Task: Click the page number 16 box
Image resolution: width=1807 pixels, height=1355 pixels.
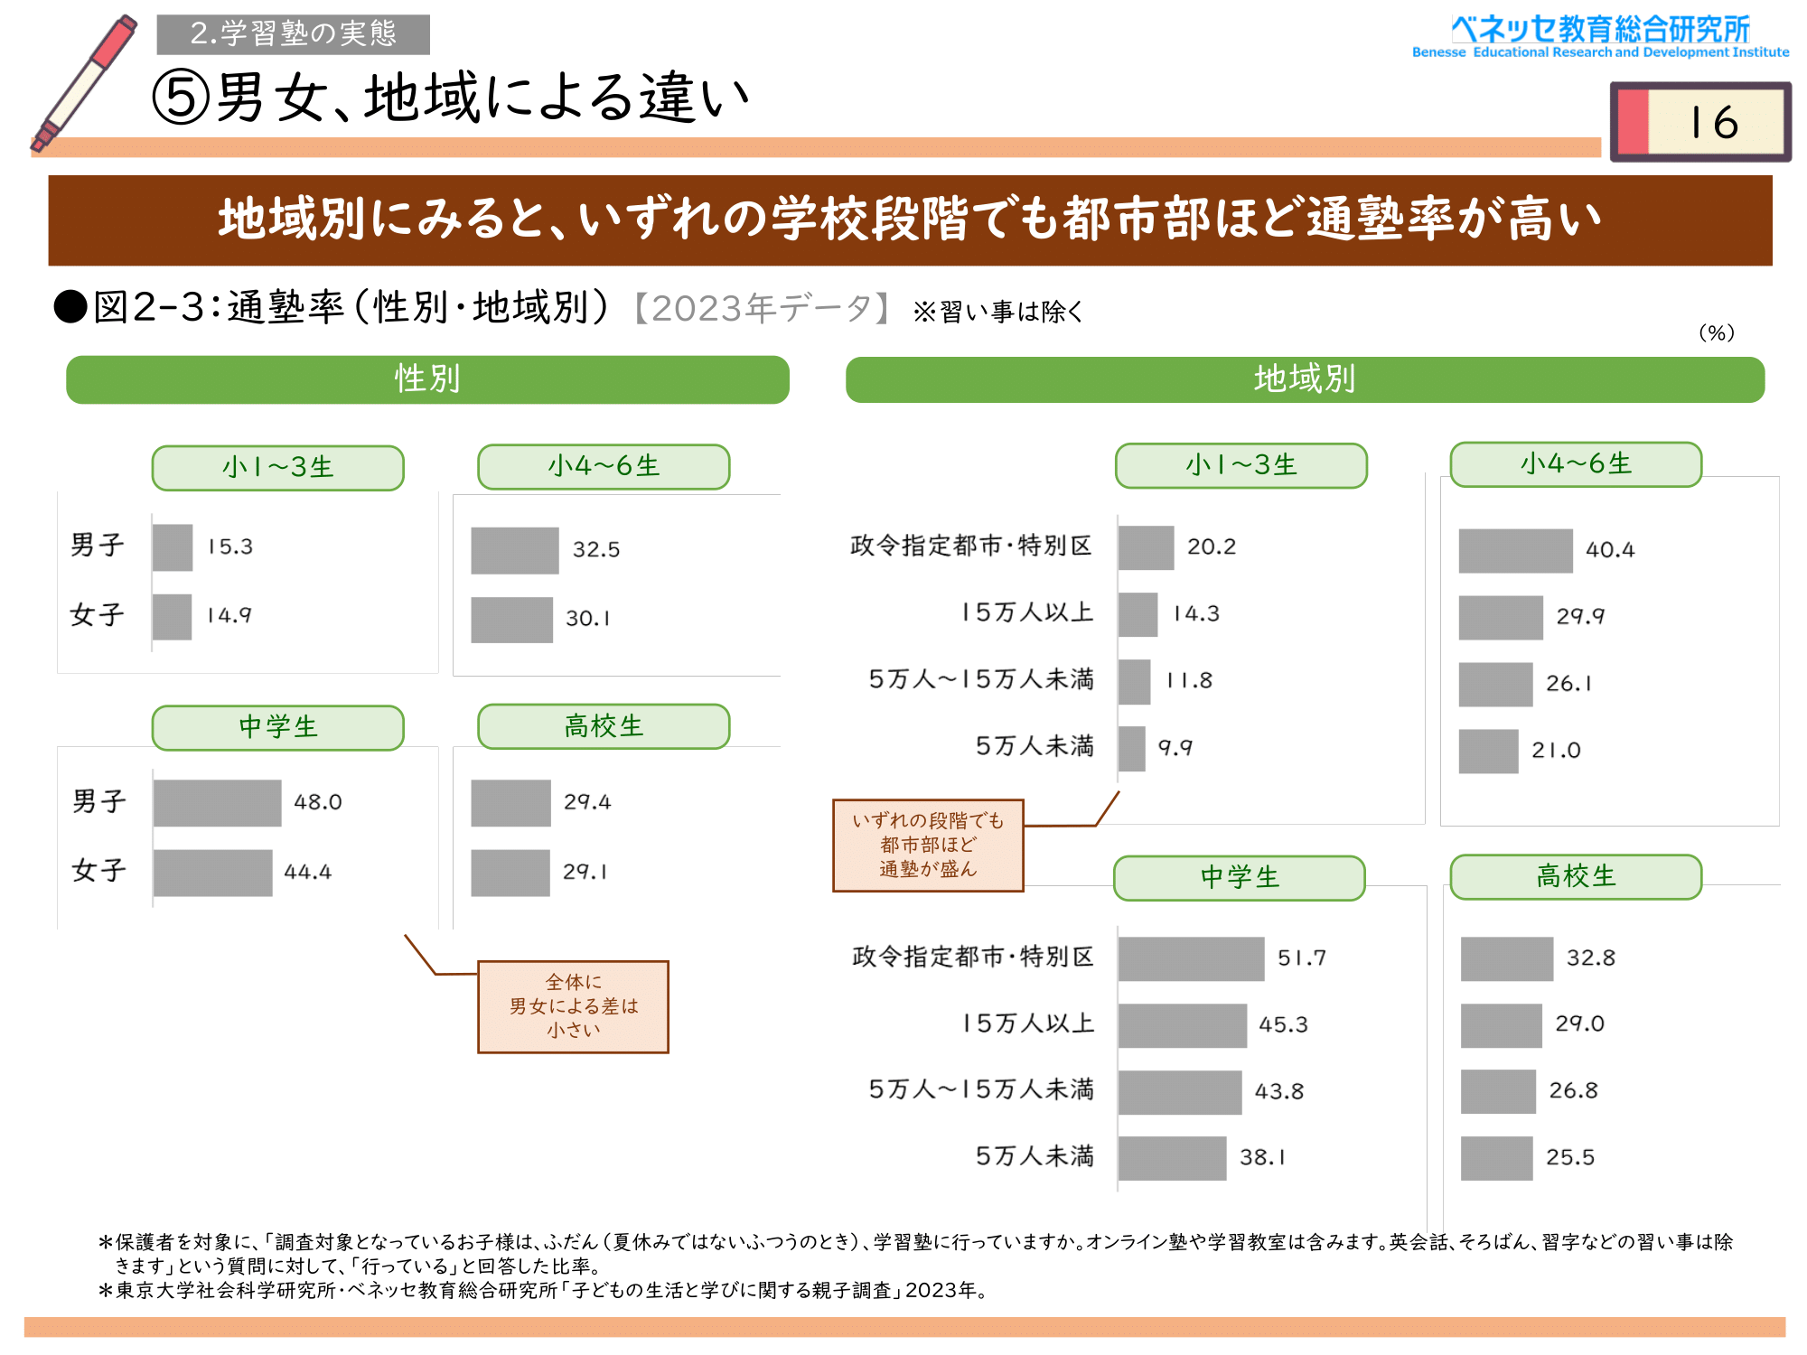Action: click(1700, 122)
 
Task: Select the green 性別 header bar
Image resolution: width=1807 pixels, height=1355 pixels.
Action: click(427, 379)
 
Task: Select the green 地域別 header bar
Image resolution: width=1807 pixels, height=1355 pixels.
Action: click(1305, 379)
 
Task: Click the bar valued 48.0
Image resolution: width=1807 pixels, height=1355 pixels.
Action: click(217, 803)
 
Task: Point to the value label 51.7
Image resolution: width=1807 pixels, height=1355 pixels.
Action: click(1301, 958)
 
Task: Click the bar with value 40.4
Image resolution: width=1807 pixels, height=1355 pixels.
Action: click(1515, 550)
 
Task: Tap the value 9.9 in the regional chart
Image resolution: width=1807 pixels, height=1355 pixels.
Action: click(1175, 748)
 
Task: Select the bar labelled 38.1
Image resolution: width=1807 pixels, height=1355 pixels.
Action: click(1172, 1158)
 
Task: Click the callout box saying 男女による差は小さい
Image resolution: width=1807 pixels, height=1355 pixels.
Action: click(573, 1006)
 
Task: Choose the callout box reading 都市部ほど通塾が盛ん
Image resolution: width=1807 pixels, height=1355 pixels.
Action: click(928, 845)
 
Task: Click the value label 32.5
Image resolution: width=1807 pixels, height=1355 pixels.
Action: click(596, 550)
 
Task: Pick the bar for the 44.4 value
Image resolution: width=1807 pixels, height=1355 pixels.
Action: click(212, 873)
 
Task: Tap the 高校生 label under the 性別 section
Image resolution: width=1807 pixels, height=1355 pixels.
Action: click(604, 726)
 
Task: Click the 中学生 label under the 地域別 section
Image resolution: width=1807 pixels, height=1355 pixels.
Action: click(1240, 878)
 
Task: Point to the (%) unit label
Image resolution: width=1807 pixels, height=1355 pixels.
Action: click(1716, 333)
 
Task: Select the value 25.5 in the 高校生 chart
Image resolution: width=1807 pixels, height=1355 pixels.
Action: click(1570, 1158)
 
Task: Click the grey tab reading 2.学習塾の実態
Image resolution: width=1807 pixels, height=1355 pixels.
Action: click(293, 34)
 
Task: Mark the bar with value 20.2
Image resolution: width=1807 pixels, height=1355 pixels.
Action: click(1146, 547)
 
